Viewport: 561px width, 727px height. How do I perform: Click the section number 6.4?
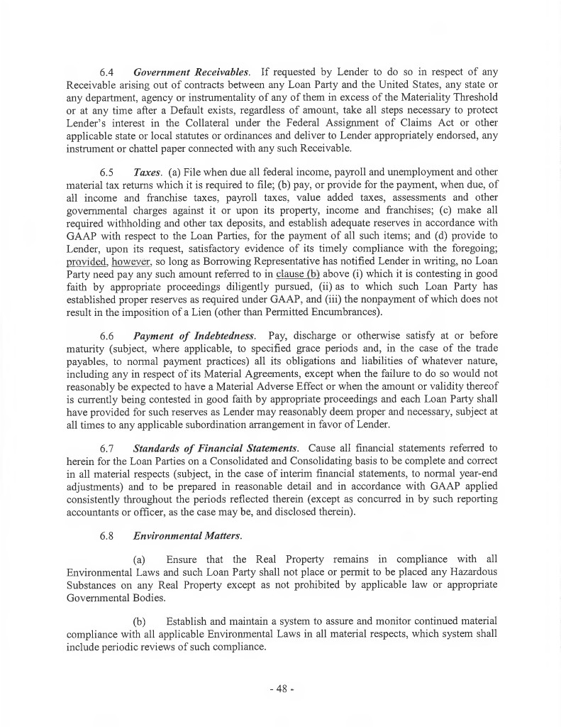(x=107, y=72)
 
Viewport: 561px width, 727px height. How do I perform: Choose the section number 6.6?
(x=107, y=334)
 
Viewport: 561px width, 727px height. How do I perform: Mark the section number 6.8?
(x=107, y=527)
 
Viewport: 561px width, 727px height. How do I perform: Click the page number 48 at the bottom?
(x=281, y=688)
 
